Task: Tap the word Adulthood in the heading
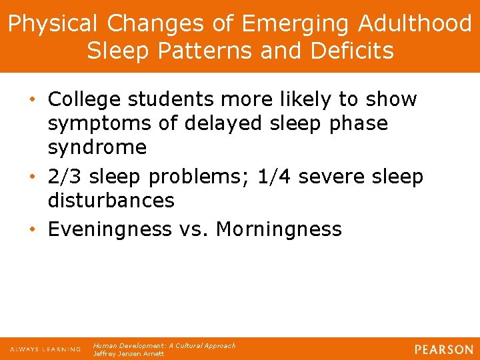[x=415, y=24]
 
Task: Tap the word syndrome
[x=97, y=147]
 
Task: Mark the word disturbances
[x=111, y=200]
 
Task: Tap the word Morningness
[x=279, y=229]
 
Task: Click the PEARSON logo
[x=443, y=349]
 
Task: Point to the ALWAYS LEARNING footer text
[x=45, y=349]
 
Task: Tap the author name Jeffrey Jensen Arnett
[x=129, y=354]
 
